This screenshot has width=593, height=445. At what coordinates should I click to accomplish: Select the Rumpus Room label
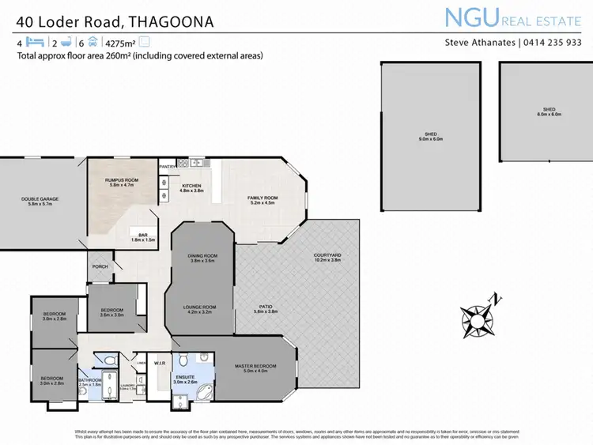(x=122, y=183)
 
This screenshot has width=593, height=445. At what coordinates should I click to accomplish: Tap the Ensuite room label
(x=186, y=379)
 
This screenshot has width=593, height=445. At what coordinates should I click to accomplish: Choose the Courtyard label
(x=327, y=257)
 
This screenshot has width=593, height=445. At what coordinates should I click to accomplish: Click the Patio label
(x=266, y=308)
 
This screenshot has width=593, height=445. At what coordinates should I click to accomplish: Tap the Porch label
(x=100, y=266)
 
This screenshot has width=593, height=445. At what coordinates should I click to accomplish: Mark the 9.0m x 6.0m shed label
(x=431, y=136)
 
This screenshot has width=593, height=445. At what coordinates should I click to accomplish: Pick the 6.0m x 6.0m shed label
(x=549, y=111)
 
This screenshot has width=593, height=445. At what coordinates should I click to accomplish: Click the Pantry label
(x=168, y=167)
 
